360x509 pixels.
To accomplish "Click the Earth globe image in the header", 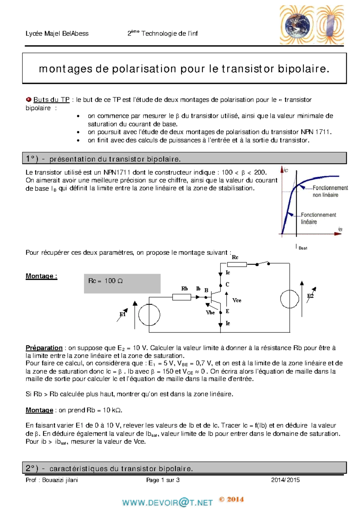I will (x=296, y=25).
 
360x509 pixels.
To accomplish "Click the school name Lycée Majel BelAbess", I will (x=57, y=34).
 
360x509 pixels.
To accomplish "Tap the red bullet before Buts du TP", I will (x=29, y=99).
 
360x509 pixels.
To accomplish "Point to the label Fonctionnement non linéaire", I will (x=329, y=191).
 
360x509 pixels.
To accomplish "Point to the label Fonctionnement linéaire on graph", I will (x=318, y=218).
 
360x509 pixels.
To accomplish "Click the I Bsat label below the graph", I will (x=302, y=247).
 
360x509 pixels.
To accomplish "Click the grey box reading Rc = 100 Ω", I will (x=122, y=283).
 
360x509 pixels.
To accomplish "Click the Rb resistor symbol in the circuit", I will (x=181, y=297).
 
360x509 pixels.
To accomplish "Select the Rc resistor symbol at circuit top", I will (x=237, y=264).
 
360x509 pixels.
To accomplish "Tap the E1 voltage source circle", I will (x=149, y=315).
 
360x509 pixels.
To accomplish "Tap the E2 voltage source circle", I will (x=289, y=299).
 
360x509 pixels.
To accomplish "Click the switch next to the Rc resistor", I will (x=262, y=264).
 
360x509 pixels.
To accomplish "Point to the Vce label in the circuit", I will (x=237, y=300).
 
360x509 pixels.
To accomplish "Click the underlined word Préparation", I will (x=44, y=348).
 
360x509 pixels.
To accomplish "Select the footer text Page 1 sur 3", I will (x=163, y=480).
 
